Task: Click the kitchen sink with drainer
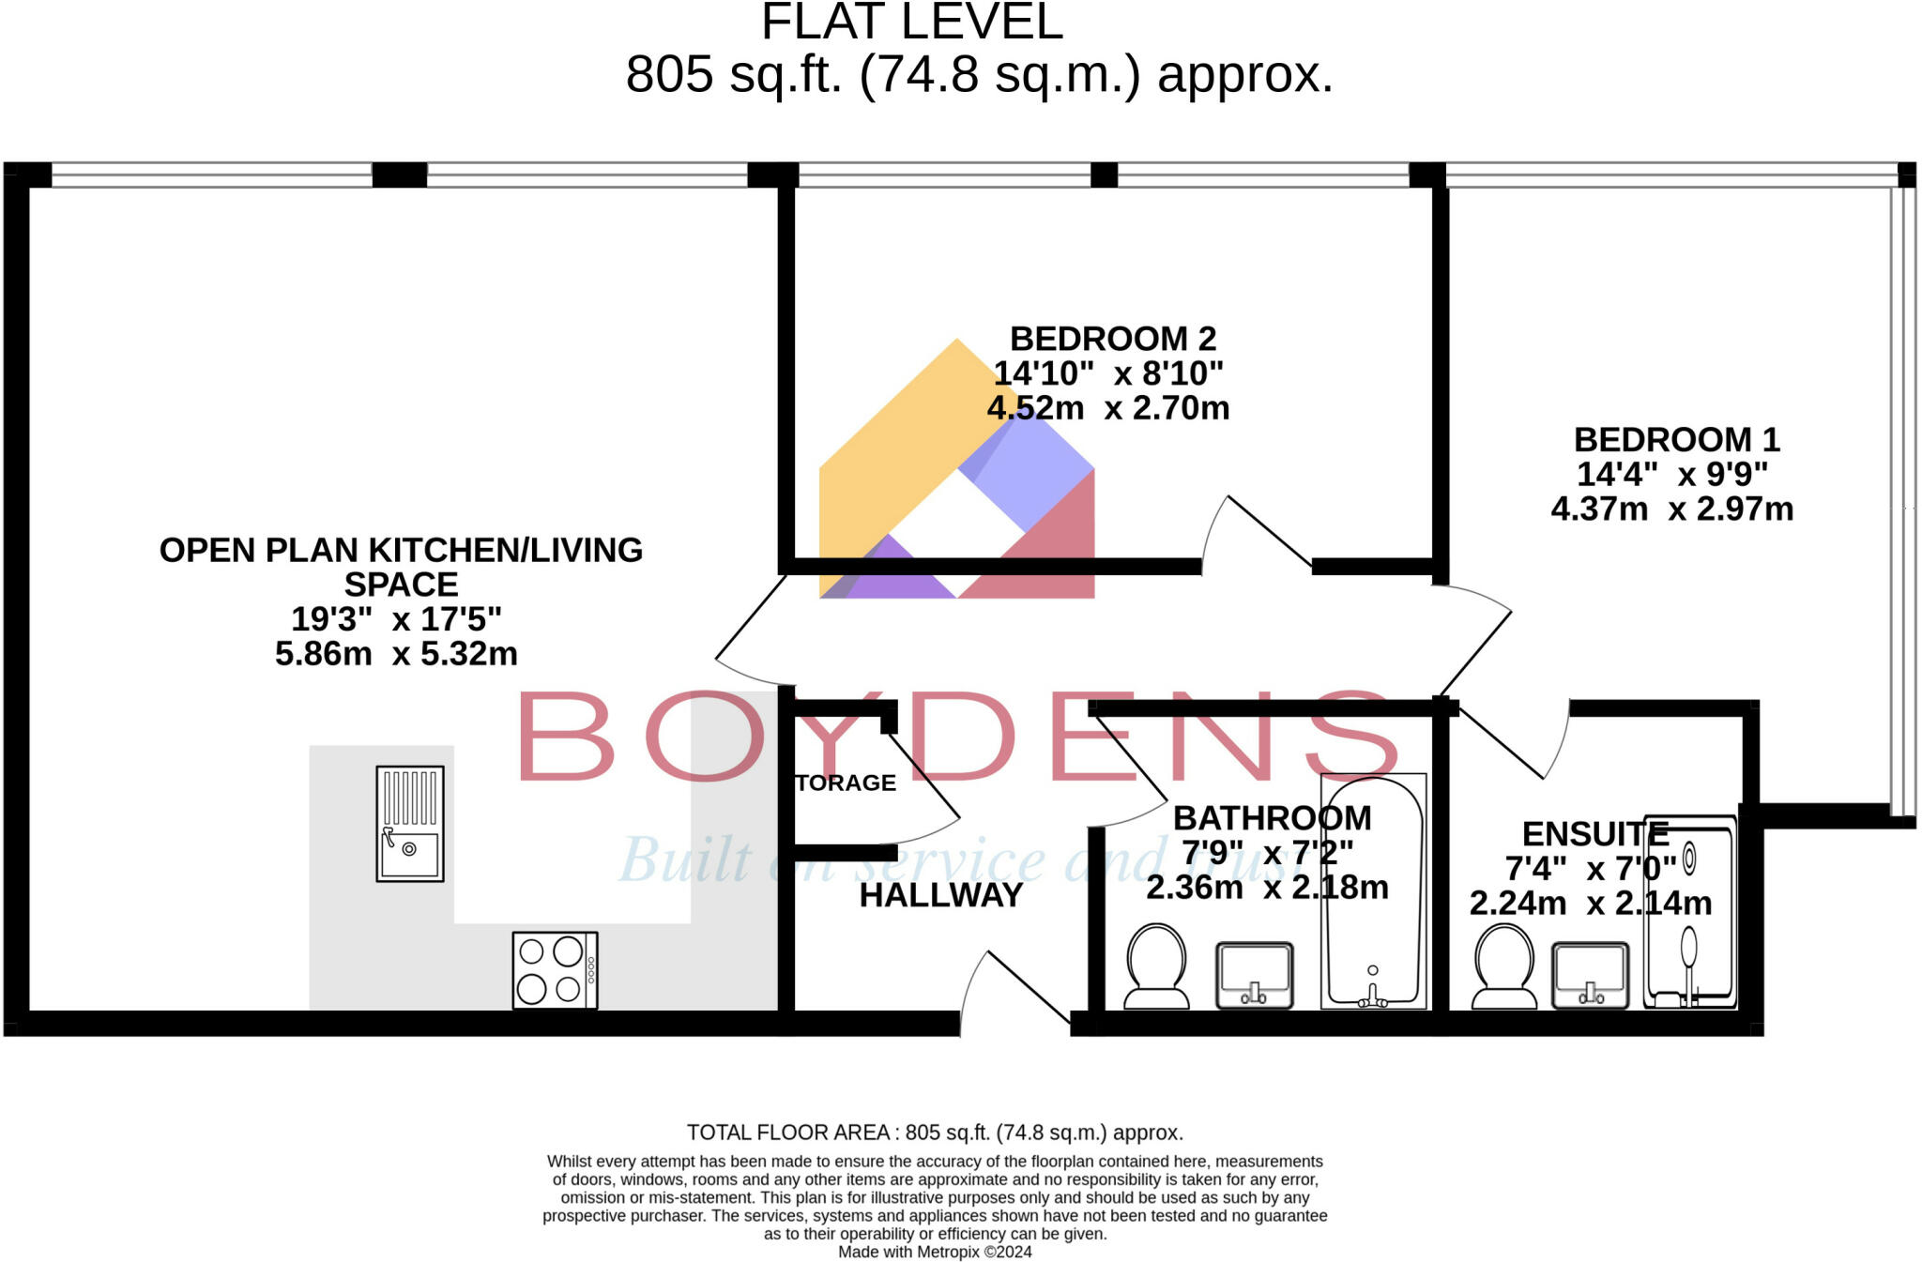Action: (410, 824)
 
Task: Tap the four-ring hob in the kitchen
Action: (555, 970)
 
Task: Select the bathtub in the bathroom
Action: (1373, 891)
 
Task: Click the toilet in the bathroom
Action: (1156, 966)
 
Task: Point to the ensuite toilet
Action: (1503, 966)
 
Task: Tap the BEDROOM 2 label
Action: (1112, 339)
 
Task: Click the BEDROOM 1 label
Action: (1676, 440)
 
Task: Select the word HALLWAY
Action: (940, 896)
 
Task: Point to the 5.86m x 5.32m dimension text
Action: (396, 654)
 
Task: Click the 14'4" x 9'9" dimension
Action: (1671, 475)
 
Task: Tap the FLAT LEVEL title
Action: (911, 23)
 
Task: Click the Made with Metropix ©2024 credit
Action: (935, 1252)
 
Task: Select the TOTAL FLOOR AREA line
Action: (935, 1133)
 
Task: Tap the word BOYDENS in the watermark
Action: (957, 737)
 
